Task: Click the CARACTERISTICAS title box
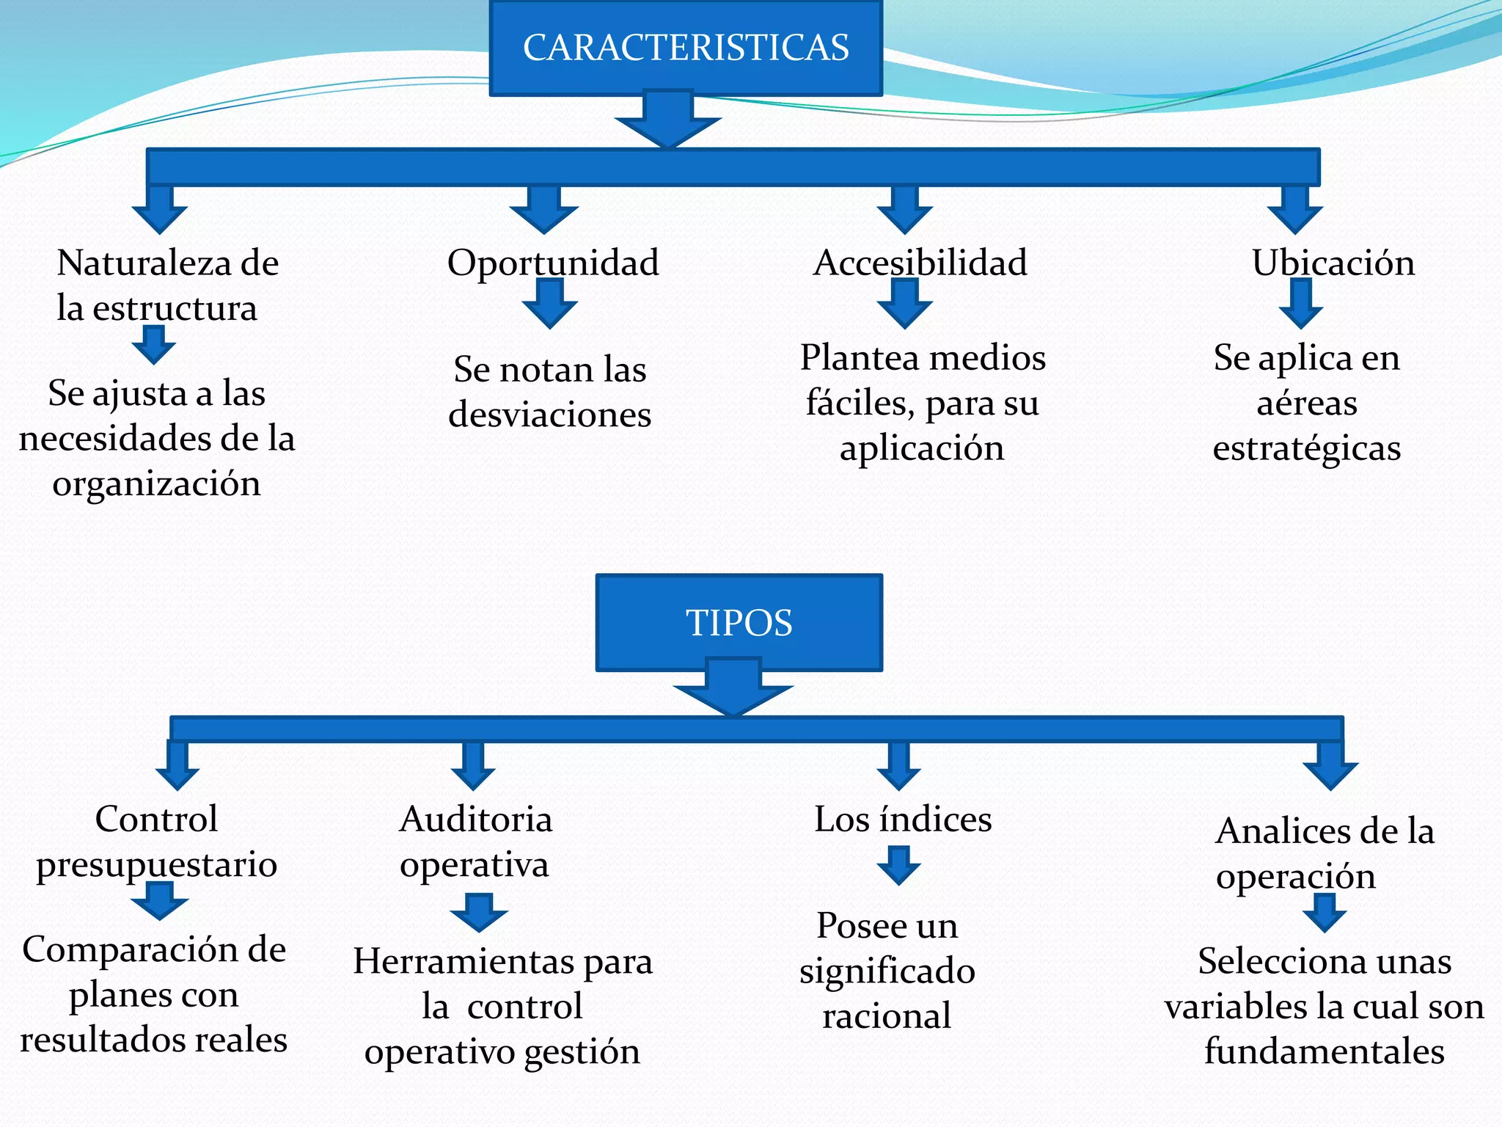(686, 48)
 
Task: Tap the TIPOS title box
(739, 622)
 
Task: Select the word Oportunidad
(553, 263)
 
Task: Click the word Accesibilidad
(920, 263)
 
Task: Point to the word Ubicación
(1333, 263)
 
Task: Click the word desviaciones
(549, 415)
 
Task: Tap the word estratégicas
(1306, 448)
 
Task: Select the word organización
(156, 484)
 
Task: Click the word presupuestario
(156, 864)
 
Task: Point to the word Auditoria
(475, 819)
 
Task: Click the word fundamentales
(1324, 1051)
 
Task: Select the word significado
(887, 971)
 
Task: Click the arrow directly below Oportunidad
(549, 303)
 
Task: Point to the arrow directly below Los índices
(898, 865)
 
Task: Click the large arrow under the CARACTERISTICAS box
(668, 120)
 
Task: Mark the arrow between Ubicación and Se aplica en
(1301, 303)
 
